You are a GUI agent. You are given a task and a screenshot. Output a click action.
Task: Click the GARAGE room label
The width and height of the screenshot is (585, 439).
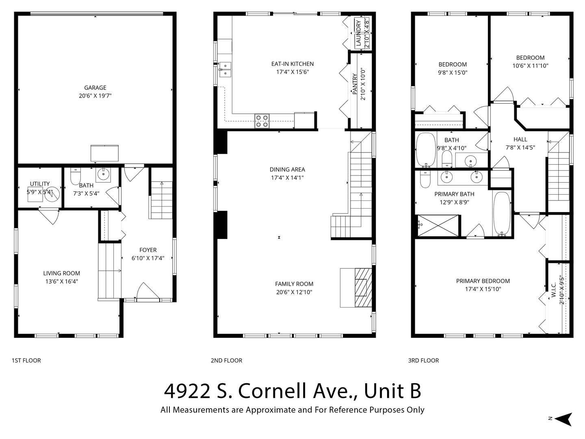(95, 88)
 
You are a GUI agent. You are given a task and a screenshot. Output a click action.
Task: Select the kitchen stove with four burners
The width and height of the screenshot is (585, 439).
(262, 121)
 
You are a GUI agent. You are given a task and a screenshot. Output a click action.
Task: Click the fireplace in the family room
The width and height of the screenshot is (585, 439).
(363, 288)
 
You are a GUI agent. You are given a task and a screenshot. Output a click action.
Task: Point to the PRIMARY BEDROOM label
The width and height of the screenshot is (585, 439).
(483, 281)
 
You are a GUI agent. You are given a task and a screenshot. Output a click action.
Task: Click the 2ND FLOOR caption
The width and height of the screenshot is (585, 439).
(227, 361)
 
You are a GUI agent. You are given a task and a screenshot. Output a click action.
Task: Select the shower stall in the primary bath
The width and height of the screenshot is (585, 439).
(438, 226)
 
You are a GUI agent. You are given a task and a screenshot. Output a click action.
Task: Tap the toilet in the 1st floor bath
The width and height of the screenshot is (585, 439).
(76, 176)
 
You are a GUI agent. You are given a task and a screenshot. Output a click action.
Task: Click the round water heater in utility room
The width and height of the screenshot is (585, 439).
(52, 194)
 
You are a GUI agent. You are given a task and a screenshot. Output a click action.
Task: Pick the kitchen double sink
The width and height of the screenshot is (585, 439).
(225, 69)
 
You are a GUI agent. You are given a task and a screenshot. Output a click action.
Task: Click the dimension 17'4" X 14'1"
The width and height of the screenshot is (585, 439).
(287, 178)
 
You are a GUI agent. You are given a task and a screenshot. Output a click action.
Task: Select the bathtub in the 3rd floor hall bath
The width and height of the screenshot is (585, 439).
(426, 150)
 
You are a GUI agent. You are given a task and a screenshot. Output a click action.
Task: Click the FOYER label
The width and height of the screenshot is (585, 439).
(148, 250)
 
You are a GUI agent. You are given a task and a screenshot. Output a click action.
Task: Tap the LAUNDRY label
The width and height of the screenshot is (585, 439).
(358, 33)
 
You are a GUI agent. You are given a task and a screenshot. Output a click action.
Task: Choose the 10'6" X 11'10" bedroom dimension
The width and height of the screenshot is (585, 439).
(531, 65)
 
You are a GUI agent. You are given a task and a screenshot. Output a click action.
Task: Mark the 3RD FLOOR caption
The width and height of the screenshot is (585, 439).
(423, 361)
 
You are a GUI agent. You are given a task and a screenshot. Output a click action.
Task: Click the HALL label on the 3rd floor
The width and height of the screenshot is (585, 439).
(520, 139)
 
